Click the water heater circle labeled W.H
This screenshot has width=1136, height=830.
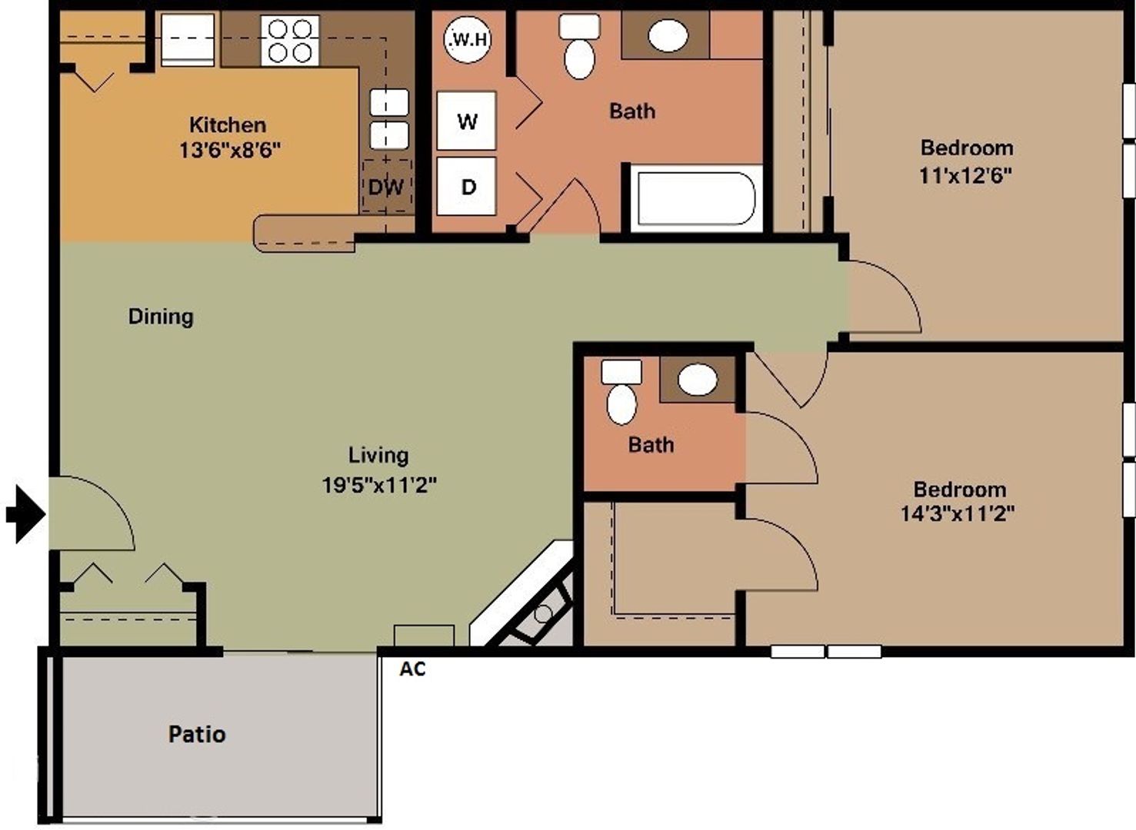pos(468,38)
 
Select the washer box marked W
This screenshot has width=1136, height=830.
pos(466,121)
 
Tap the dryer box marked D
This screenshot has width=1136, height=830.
pos(467,187)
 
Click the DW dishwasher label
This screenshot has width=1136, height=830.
pos(386,187)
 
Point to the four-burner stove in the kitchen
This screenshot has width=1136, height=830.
pos(290,41)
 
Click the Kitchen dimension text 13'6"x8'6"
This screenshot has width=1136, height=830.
pos(229,150)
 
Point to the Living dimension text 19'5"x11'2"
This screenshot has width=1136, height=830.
pos(379,485)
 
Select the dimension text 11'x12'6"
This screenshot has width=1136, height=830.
pos(965,176)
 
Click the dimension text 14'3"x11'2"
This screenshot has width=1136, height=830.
pos(958,513)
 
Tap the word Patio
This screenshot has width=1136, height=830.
pos(197,734)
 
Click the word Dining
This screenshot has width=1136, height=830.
pos(161,316)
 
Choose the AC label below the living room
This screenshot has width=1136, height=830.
pos(412,669)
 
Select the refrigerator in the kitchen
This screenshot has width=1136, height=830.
pos(188,40)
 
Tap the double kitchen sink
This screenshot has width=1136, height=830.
pos(389,119)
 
